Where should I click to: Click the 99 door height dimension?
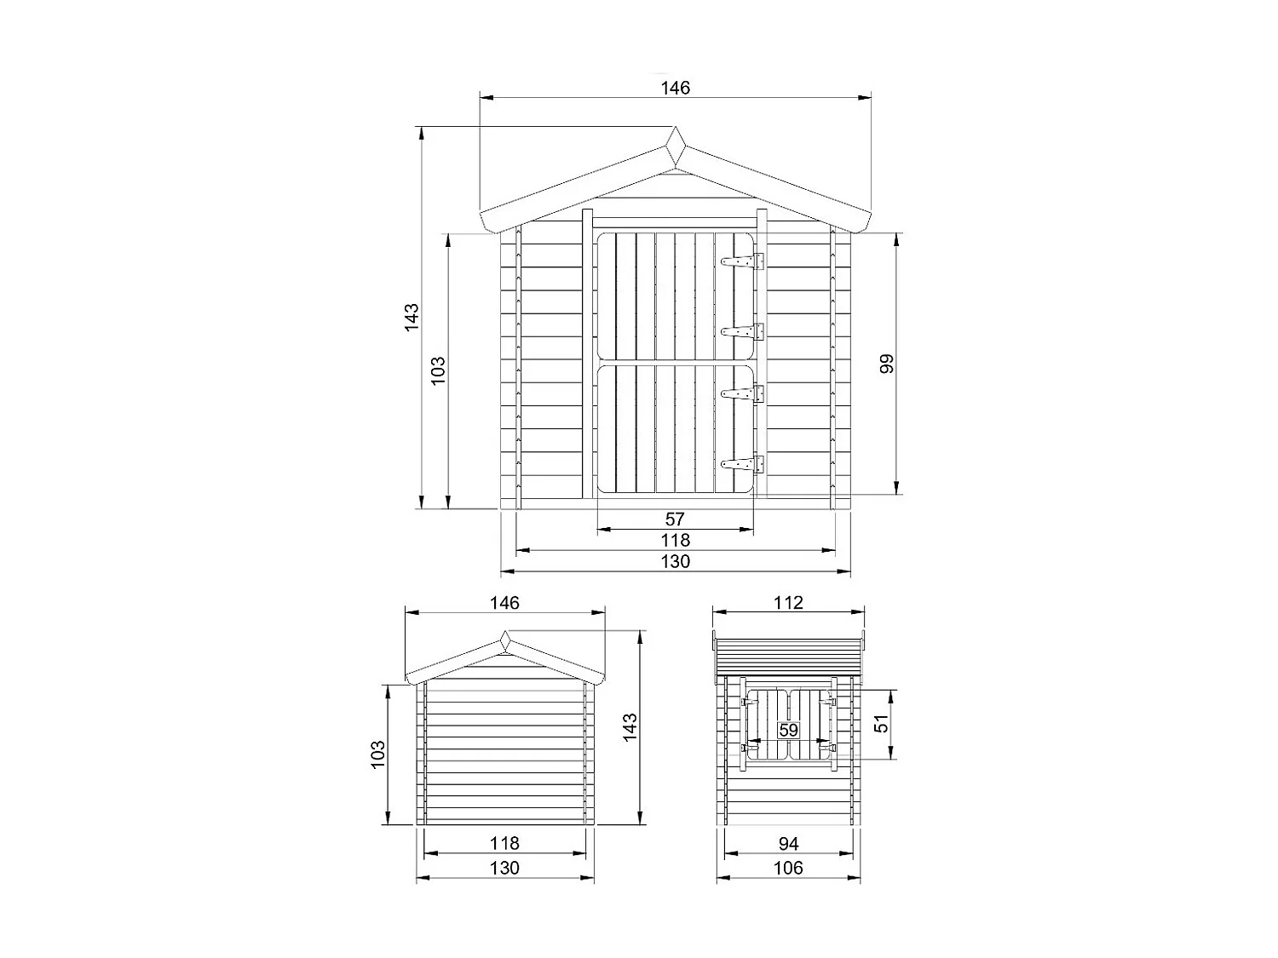[x=886, y=364]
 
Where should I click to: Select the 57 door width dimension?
[x=675, y=519]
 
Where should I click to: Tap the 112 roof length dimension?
[x=788, y=603]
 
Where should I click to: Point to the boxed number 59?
[x=788, y=731]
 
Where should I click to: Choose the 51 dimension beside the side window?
[x=882, y=723]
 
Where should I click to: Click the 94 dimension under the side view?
[x=788, y=843]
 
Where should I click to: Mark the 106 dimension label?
[x=788, y=868]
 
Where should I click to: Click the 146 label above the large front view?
[x=675, y=88]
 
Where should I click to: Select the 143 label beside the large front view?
[x=412, y=317]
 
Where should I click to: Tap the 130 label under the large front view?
[x=675, y=561]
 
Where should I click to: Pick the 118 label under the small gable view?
[x=504, y=843]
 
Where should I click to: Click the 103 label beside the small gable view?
[x=379, y=754]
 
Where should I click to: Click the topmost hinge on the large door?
[x=741, y=261]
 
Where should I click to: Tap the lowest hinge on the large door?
[x=741, y=464]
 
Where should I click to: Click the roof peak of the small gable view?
[x=505, y=636]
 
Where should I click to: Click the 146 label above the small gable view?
[x=504, y=603]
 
